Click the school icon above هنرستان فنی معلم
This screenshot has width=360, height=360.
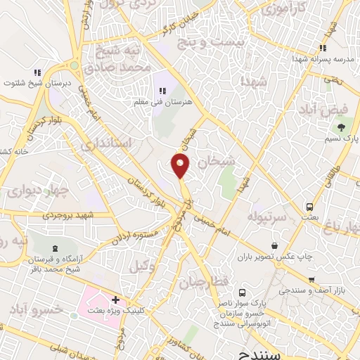(162, 91)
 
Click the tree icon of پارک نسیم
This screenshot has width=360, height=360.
(341, 127)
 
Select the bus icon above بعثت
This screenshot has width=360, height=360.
(309, 207)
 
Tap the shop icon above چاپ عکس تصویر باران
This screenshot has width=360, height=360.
(274, 245)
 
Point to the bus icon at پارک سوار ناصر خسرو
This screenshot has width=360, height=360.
(242, 292)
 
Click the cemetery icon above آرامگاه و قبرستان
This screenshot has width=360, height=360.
(54, 249)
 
